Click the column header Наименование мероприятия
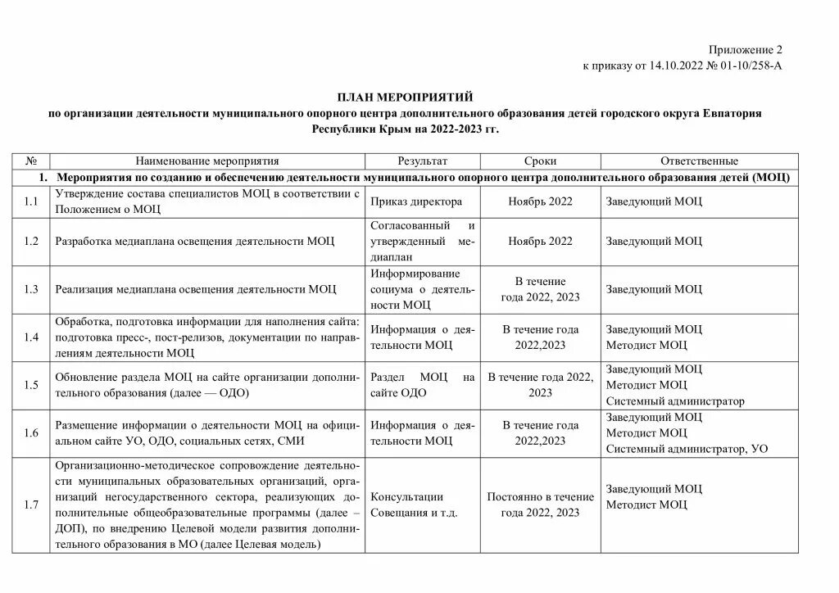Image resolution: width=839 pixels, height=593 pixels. tap(207, 161)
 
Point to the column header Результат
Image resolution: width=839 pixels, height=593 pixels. tap(423, 161)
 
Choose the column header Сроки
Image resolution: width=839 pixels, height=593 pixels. tap(540, 161)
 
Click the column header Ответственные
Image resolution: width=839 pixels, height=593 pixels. tap(699, 161)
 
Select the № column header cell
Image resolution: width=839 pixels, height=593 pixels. tap(32, 161)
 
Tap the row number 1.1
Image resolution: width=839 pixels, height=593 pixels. tap(32, 201)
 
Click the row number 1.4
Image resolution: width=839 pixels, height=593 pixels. tap(32, 337)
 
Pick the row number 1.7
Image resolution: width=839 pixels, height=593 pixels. tap(32, 505)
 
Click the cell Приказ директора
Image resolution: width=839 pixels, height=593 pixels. tap(416, 201)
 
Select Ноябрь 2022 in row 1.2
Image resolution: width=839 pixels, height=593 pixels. tap(540, 241)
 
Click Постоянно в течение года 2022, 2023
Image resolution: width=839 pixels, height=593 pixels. tap(540, 505)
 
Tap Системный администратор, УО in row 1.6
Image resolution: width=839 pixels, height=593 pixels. tap(687, 448)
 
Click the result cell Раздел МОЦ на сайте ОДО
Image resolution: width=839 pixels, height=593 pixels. tap(423, 385)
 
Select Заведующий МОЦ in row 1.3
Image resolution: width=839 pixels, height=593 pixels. tap(654, 289)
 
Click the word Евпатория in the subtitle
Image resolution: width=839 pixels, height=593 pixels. tap(732, 113)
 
